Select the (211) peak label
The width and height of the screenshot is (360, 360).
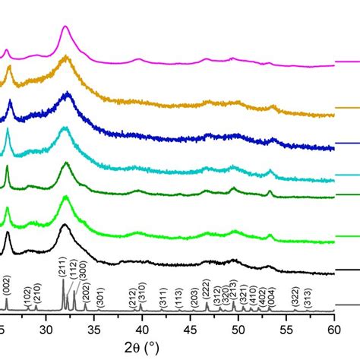62,267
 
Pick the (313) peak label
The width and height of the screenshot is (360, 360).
307,297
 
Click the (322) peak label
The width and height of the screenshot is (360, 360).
295,297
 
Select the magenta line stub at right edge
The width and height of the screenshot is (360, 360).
348,61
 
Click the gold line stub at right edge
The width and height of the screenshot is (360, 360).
348,108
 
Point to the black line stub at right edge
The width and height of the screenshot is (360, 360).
348,270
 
